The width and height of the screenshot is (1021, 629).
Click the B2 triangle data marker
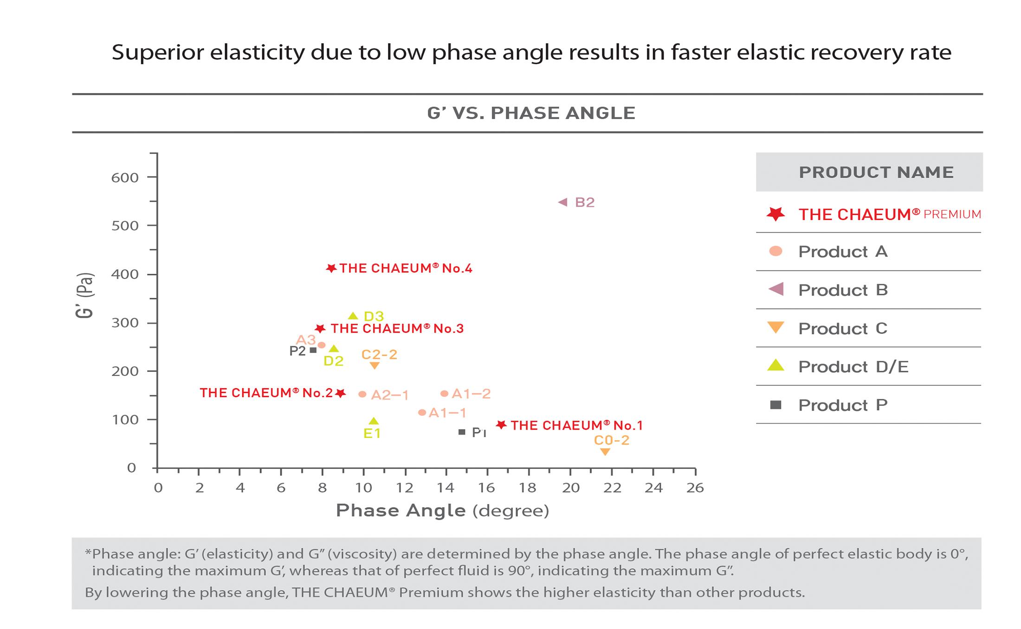[562, 202]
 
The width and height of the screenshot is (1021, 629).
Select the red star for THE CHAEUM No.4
[331, 269]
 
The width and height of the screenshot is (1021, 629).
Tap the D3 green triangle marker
[353, 316]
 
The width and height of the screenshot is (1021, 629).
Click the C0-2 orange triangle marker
[605, 452]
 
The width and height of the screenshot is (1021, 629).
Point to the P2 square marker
[313, 350]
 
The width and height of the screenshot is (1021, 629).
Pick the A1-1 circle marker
[422, 412]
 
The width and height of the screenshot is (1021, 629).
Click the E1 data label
[372, 434]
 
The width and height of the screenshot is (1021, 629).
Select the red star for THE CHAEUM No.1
[501, 425]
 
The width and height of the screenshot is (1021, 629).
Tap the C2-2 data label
[379, 355]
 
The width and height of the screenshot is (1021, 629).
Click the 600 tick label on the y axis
[125, 178]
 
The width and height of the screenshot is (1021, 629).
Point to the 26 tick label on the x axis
[695, 488]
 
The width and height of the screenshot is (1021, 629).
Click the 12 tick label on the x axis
[405, 488]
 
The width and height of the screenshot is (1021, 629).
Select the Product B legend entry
[842, 290]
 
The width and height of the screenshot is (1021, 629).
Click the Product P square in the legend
[775, 405]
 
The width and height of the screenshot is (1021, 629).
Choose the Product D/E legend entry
[853, 367]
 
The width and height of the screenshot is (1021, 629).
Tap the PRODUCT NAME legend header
[876, 173]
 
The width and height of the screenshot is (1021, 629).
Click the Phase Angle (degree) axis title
[442, 511]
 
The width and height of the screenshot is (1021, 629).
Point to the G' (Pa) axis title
[85, 295]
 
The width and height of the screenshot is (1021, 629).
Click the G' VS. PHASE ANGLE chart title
[531, 113]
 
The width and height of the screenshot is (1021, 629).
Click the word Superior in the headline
[158, 52]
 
